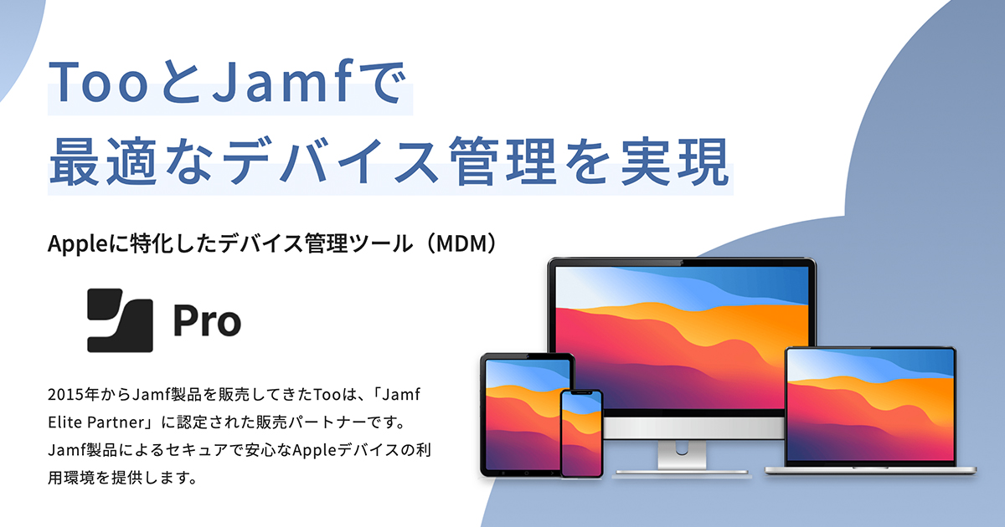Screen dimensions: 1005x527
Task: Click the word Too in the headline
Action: point(98,83)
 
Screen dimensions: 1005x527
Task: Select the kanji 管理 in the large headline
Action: point(504,161)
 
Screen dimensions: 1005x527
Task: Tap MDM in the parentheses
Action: point(461,243)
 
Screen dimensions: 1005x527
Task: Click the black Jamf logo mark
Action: point(120,320)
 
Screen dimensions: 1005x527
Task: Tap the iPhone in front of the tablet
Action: point(581,434)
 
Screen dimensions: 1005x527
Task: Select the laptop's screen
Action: point(870,405)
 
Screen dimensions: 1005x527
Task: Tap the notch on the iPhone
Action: point(581,393)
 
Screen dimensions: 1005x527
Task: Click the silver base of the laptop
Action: point(870,470)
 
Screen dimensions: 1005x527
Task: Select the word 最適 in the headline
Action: point(103,161)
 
